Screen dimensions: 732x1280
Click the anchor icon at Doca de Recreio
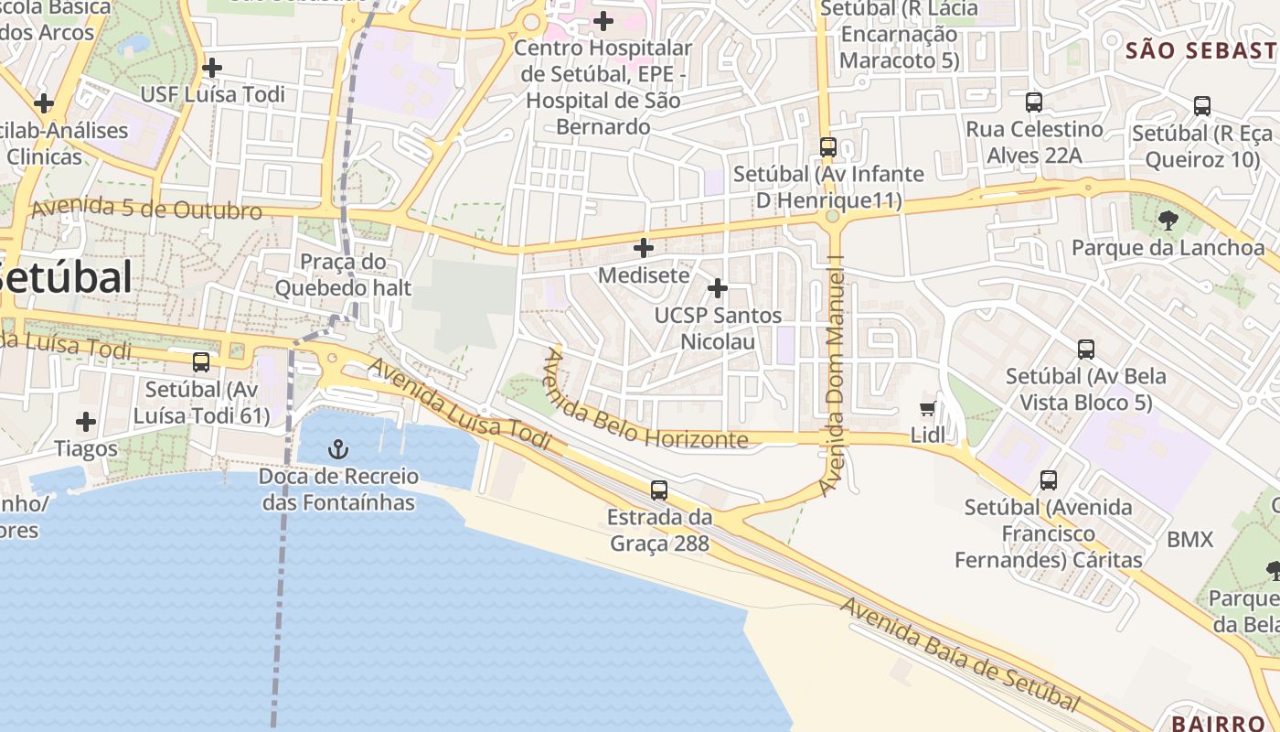click(338, 448)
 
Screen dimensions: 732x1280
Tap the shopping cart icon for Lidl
click(928, 409)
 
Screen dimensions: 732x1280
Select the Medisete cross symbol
click(644, 248)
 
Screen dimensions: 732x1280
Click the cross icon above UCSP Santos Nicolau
click(718, 289)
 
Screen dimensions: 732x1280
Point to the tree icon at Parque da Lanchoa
click(1168, 220)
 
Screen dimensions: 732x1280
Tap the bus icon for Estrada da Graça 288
click(658, 490)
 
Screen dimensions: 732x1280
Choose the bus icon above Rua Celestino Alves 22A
click(1034, 102)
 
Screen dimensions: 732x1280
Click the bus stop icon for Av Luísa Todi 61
click(201, 362)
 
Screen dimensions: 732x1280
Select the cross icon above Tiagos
click(86, 422)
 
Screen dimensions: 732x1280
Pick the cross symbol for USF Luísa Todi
click(212, 68)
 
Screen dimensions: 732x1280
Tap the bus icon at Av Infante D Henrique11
click(828, 146)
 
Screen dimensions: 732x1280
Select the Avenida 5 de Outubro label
click(146, 208)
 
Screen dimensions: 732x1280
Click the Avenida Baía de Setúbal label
click(960, 653)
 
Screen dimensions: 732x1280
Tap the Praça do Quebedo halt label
click(343, 275)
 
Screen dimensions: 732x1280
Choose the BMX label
click(1189, 540)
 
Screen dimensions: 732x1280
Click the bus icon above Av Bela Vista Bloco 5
click(1086, 350)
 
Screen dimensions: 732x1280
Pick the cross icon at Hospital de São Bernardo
click(603, 20)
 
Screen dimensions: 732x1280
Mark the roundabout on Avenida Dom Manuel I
click(831, 217)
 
